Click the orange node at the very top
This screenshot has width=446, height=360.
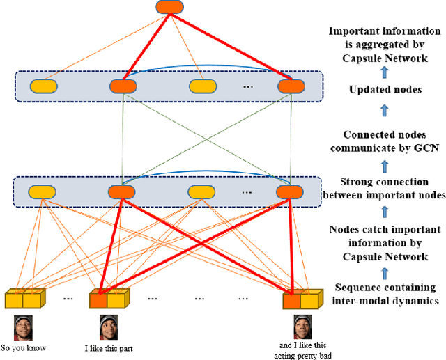[167, 8]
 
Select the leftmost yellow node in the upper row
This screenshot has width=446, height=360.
[44, 87]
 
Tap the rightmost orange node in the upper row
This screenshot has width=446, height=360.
[291, 87]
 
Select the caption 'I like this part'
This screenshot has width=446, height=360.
[109, 348]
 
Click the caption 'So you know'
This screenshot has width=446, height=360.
[24, 348]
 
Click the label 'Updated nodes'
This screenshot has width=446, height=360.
[385, 91]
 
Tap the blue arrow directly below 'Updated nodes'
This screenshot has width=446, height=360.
[385, 111]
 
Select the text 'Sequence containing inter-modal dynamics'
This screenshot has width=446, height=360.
[385, 295]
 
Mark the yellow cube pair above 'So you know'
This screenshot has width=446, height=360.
[24, 299]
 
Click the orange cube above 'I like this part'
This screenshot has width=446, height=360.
[99, 300]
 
